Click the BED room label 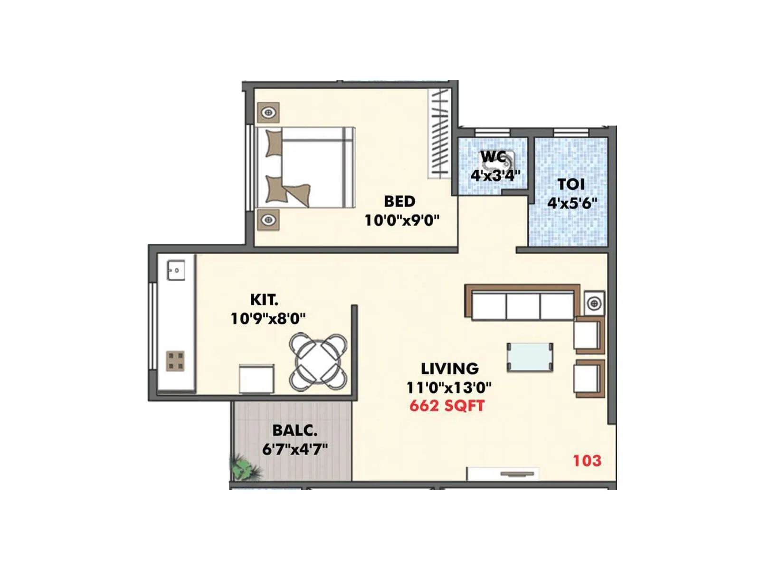click(399, 201)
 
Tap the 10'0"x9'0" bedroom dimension click(402, 220)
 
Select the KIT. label click(264, 300)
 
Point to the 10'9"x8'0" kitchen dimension click(268, 318)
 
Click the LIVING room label click(449, 369)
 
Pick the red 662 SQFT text click(447, 406)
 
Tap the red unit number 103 click(587, 460)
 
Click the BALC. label click(294, 430)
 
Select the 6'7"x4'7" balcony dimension click(295, 449)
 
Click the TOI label click(571, 184)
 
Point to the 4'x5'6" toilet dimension click(572, 203)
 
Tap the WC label click(493, 156)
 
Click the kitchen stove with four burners click(175, 361)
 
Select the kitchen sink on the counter click(176, 271)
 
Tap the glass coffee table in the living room click(530, 357)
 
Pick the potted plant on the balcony click(245, 467)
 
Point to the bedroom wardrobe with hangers click(439, 133)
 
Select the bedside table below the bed click(268, 220)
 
